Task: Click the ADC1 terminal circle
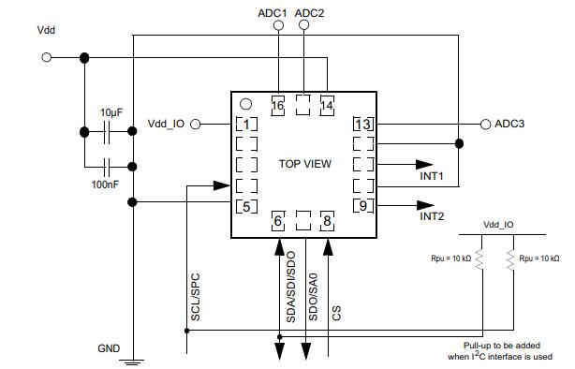279,25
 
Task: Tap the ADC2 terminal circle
303,25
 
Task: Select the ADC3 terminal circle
485,125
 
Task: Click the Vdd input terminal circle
47,57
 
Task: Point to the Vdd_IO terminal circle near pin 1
196,125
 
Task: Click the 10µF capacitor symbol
107,132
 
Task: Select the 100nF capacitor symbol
107,167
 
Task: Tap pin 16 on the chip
277,106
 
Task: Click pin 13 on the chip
363,124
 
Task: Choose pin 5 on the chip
246,206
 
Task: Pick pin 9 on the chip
363,205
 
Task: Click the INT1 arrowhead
424,165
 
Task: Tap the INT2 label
432,216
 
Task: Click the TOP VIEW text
305,164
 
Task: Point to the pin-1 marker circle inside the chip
245,104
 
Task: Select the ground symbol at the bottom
132,362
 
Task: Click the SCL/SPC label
196,297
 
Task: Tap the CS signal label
336,313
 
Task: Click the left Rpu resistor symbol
479,259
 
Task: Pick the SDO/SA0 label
313,297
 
